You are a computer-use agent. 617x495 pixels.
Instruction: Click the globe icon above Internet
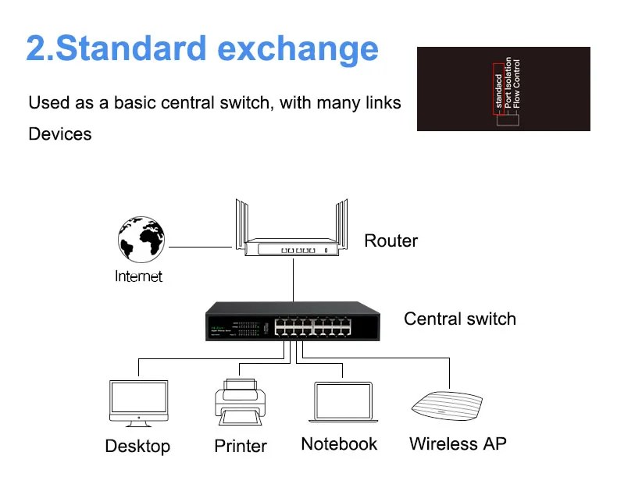coord(141,240)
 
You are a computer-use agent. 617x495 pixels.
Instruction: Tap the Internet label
coord(139,276)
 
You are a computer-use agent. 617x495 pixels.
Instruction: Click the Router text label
coord(391,240)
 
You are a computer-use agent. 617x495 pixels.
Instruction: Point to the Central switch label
coord(459,319)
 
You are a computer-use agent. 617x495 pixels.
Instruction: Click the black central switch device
coord(293,321)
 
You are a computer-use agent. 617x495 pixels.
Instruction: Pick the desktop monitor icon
coord(138,403)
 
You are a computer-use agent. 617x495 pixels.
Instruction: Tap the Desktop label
coord(137,446)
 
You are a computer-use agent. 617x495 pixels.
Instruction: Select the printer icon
coord(240,402)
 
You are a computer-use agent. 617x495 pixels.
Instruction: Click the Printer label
coord(241,446)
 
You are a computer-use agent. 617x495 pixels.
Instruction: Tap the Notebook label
coord(339,444)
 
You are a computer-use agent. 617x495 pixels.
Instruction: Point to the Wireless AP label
coord(458,443)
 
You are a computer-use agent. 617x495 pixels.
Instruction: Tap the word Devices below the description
coord(60,134)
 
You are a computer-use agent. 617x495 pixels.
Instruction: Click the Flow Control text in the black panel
coord(515,84)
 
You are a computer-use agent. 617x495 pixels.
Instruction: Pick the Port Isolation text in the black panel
coord(507,82)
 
